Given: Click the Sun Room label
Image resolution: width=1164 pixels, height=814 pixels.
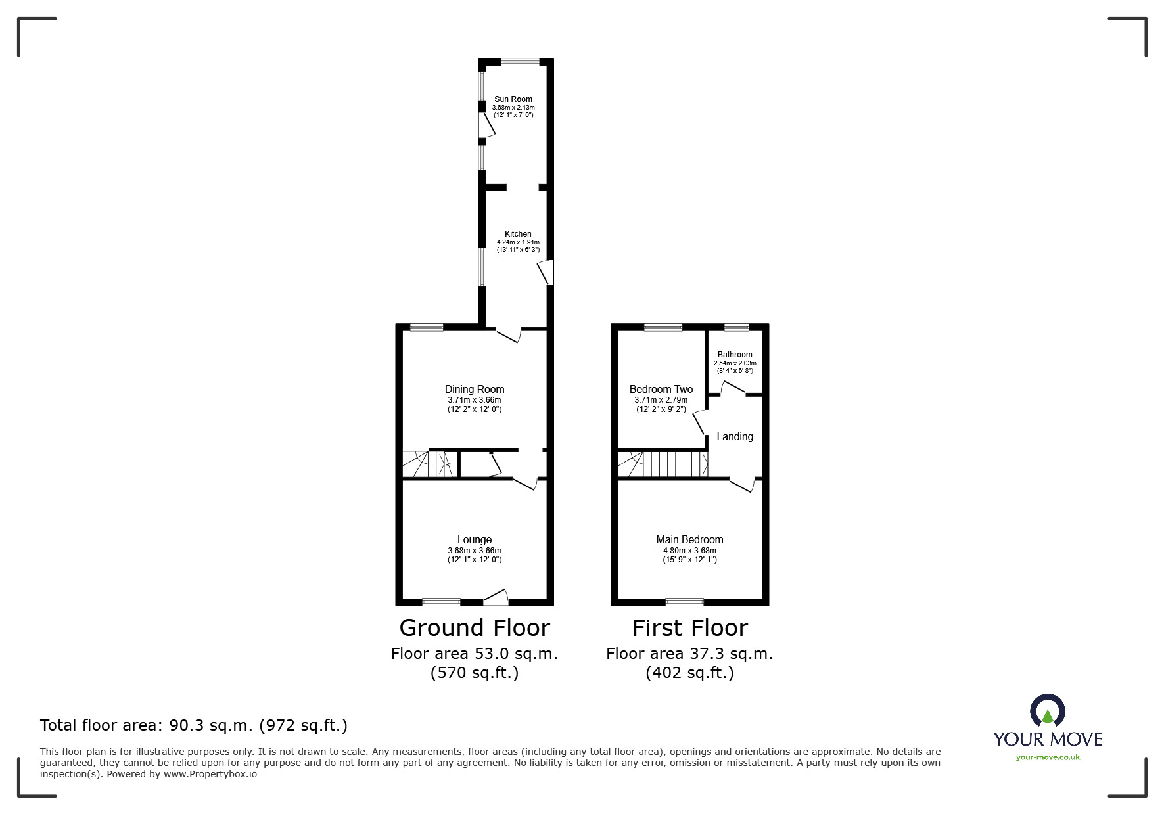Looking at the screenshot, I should [x=513, y=99].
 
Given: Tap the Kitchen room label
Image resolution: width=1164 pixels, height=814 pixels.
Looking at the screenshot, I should [x=518, y=234].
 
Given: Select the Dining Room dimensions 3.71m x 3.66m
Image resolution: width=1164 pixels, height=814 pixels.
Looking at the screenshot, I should [x=475, y=399].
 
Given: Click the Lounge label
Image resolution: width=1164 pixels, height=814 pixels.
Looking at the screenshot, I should [x=475, y=540].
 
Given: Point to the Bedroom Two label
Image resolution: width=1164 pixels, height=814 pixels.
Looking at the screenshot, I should [x=661, y=389].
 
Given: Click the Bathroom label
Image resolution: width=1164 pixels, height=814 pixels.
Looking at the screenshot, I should [x=735, y=355].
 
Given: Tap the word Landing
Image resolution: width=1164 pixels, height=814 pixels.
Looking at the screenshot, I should [x=735, y=436].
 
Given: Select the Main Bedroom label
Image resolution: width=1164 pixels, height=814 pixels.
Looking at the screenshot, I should [x=689, y=540].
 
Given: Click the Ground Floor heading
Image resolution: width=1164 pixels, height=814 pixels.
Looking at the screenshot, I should [x=475, y=628].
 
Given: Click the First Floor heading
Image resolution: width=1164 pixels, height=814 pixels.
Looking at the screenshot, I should [x=689, y=628].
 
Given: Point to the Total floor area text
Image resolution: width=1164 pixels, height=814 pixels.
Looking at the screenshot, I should [x=194, y=725].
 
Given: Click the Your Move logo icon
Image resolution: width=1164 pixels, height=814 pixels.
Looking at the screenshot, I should [x=1047, y=712].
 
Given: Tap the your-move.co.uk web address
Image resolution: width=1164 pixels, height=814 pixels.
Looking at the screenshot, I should [x=1048, y=757].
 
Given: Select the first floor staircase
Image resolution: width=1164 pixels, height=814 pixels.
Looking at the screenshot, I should [x=664, y=464].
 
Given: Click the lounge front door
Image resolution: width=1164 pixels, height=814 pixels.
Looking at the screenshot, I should [x=496, y=598].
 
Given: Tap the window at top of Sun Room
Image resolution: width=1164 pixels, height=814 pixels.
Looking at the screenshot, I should [x=520, y=62].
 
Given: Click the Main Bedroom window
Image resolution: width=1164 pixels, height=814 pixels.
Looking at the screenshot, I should [x=684, y=602].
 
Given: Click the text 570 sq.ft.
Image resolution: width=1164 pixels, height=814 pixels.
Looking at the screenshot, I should [x=475, y=673].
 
